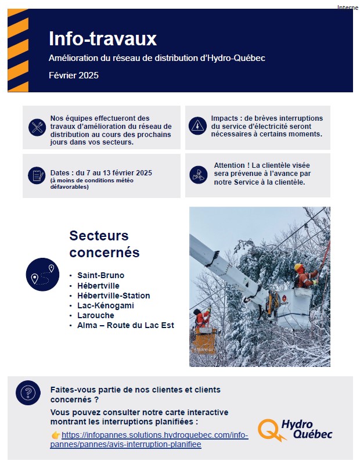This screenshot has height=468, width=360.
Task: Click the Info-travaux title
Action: coord(103,39)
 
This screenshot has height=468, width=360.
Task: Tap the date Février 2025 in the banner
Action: coord(74,75)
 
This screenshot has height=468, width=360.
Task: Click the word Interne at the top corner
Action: coord(347,7)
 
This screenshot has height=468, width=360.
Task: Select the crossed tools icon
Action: coord(38,127)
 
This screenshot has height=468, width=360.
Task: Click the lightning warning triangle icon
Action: coord(198,125)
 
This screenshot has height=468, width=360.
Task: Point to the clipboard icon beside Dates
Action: coord(38,174)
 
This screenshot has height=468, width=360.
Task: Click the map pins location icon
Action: coord(43,274)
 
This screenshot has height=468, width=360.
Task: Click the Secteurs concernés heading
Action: coord(105,244)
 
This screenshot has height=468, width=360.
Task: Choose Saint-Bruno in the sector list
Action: coord(100,275)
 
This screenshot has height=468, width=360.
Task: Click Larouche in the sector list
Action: coord(95,315)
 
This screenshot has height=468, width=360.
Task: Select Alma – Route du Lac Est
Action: coord(125,325)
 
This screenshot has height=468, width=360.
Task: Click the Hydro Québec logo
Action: coord(296,430)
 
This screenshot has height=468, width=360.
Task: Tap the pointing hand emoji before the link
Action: coord(56,435)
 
